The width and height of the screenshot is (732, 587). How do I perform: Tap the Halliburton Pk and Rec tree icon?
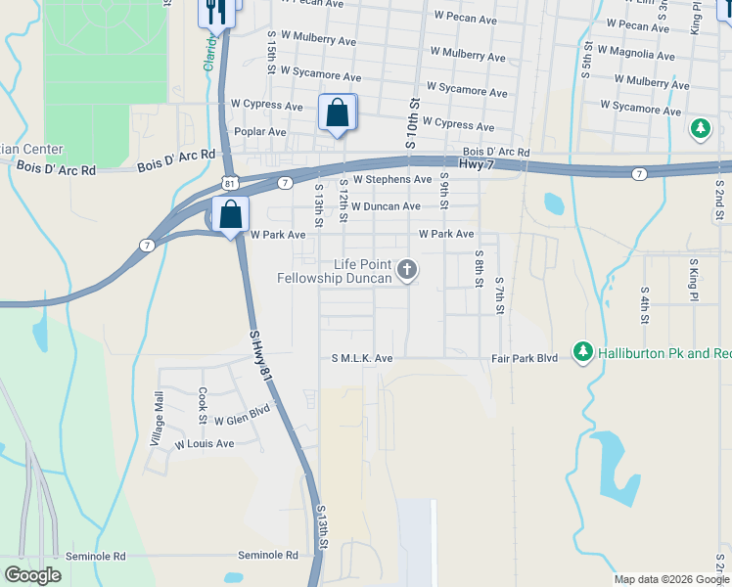[583, 350]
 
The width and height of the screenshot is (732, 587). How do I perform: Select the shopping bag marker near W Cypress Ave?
[337, 113]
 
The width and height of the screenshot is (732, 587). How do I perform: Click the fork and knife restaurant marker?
[215, 12]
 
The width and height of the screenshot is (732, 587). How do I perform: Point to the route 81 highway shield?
[229, 183]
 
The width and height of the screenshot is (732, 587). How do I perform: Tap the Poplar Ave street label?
[259, 131]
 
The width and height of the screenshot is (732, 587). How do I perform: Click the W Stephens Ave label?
[392, 180]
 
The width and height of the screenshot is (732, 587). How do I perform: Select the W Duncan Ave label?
[386, 206]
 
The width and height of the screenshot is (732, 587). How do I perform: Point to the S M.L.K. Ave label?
[362, 359]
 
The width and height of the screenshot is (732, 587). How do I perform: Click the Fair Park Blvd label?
[525, 359]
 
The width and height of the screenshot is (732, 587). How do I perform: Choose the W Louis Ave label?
[205, 444]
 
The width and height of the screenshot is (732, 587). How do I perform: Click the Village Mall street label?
[158, 419]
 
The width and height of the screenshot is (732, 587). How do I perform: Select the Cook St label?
[203, 405]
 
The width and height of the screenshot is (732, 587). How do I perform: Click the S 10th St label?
[412, 122]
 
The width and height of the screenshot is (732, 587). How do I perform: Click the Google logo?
[32, 575]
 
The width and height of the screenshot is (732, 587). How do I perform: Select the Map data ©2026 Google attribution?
[670, 579]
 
